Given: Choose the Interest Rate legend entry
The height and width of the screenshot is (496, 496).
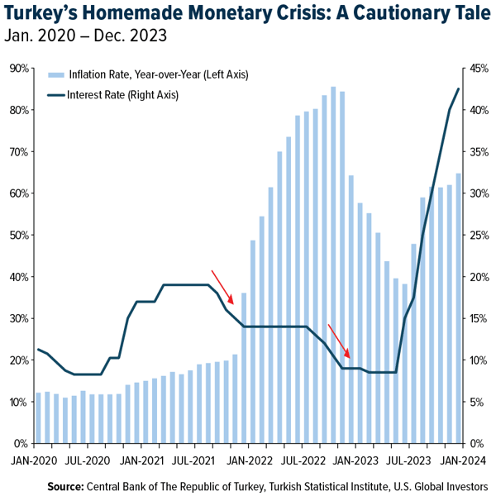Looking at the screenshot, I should click(x=124, y=94).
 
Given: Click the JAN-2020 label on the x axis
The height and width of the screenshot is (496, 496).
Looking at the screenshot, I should click(x=34, y=460).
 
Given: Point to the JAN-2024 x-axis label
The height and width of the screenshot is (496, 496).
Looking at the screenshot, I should click(x=460, y=460).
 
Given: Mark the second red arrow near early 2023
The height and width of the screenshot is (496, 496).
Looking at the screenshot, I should click(x=340, y=341).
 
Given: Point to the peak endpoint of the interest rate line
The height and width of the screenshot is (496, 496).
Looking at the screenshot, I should click(x=459, y=88).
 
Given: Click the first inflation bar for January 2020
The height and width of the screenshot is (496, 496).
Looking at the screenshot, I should click(x=38, y=417).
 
